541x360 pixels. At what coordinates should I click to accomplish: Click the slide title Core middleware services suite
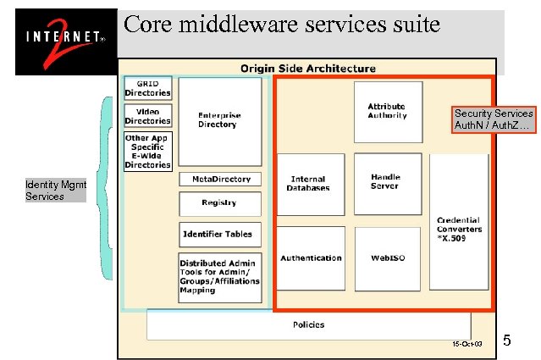click(x=282, y=24)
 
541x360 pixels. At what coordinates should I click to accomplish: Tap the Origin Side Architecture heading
click(x=307, y=68)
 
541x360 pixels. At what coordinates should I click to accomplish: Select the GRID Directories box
click(x=148, y=88)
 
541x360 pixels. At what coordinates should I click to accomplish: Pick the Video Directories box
click(x=148, y=116)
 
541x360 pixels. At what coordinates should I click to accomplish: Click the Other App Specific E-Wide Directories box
click(x=148, y=151)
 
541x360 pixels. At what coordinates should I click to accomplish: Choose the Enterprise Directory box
click(x=219, y=121)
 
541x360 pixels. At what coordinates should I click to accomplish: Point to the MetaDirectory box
click(x=220, y=180)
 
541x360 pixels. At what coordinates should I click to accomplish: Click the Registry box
click(x=219, y=203)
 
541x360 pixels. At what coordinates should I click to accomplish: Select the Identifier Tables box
click(x=217, y=234)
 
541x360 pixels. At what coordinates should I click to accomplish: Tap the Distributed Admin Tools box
click(x=219, y=276)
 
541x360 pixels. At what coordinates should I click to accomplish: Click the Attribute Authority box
click(x=387, y=111)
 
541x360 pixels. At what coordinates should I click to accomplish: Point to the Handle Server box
click(x=386, y=181)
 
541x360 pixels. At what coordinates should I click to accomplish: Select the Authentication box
click(x=311, y=258)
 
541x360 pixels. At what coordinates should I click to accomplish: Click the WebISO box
click(x=386, y=258)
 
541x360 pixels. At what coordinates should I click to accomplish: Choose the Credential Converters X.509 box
click(x=459, y=228)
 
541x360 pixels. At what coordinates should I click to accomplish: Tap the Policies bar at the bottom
click(x=308, y=324)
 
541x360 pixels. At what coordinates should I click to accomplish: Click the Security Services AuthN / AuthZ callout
click(x=493, y=119)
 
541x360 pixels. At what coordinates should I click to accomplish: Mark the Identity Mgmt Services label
click(x=56, y=191)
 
